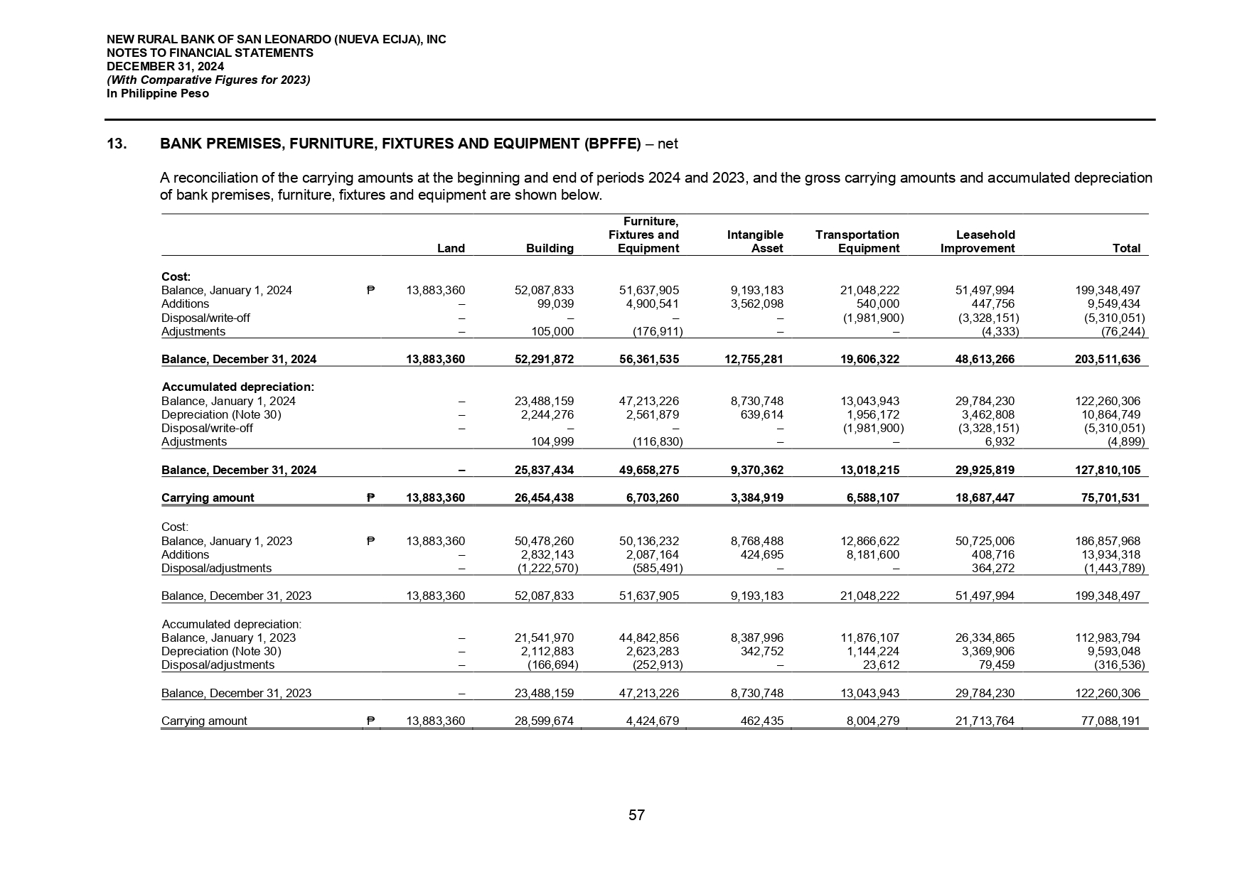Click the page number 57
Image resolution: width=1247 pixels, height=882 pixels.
[x=636, y=815]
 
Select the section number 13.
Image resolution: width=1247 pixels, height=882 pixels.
[x=117, y=144]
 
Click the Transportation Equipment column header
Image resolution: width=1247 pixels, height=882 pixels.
[x=857, y=242]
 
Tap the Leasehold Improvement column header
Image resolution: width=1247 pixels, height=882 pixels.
[x=977, y=242]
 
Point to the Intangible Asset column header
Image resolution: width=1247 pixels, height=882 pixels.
[x=755, y=242]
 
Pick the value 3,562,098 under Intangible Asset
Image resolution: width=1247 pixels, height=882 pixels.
[x=757, y=304]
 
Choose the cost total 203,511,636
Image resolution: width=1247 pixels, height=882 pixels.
[x=1108, y=360]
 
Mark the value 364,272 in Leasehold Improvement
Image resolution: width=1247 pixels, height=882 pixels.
[x=993, y=569]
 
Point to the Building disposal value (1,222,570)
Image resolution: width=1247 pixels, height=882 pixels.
[x=547, y=569]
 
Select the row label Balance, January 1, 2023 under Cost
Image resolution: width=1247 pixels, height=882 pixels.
[x=227, y=542]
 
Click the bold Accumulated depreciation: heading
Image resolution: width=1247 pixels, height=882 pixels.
[x=238, y=387]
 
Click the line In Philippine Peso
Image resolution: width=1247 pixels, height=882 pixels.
[x=158, y=94]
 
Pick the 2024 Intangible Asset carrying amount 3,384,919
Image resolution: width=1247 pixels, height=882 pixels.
[x=757, y=498]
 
